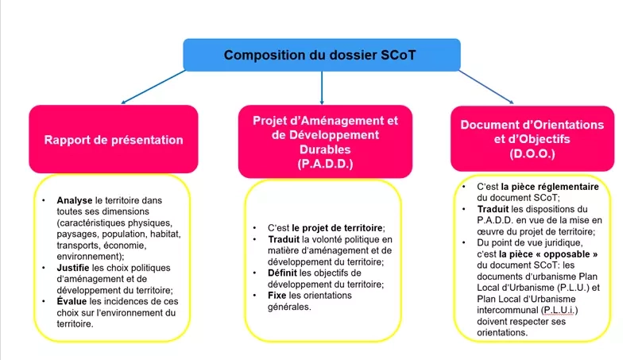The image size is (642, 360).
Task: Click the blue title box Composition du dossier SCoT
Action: point(321,54)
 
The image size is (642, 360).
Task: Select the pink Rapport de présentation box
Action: point(113,140)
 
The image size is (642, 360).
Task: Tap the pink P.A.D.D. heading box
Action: point(324,141)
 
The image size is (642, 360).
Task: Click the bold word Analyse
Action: point(75,201)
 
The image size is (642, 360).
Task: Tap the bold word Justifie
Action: point(75,268)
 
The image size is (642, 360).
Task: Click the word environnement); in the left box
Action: point(90,257)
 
